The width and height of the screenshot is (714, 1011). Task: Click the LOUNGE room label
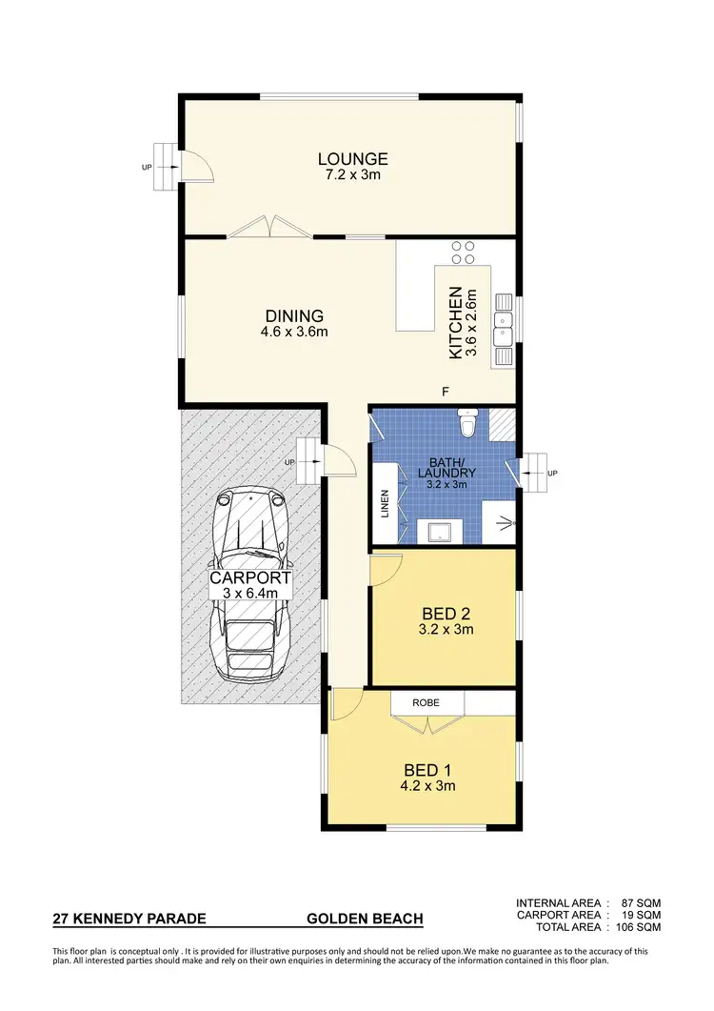tap(352, 159)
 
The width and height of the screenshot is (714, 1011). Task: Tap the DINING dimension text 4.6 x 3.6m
tap(294, 333)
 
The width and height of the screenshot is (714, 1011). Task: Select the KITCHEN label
tap(456, 322)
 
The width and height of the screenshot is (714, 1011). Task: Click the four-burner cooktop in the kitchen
tap(464, 253)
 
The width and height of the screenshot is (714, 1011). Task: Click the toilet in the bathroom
tap(467, 422)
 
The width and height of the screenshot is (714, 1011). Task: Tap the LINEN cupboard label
tap(387, 502)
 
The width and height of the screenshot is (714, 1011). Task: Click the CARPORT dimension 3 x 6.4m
tap(249, 594)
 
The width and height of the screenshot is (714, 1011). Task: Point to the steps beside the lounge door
tap(168, 169)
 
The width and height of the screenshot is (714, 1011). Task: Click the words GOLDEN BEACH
tap(365, 920)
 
